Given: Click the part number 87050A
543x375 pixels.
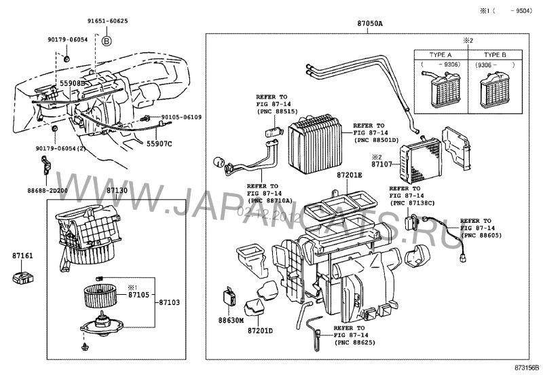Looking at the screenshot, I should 370,23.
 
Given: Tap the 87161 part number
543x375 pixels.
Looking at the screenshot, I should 22,256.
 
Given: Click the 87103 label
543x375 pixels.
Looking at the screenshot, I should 168,302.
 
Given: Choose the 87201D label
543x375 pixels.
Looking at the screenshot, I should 260,331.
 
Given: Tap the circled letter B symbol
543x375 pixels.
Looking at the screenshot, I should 106,41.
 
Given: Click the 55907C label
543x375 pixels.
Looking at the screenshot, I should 160,143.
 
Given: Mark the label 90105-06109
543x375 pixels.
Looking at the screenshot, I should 181,118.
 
